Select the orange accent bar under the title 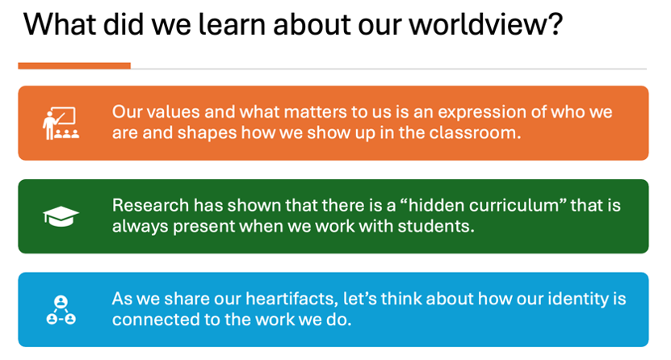(x=74, y=66)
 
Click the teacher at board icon (x=61, y=123)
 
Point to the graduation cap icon (x=61, y=216)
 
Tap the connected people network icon (x=61, y=309)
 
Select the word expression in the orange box (x=481, y=113)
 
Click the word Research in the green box (x=151, y=206)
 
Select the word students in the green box (x=436, y=226)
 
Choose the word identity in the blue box (x=572, y=299)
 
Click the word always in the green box (x=140, y=227)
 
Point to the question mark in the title (x=554, y=24)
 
